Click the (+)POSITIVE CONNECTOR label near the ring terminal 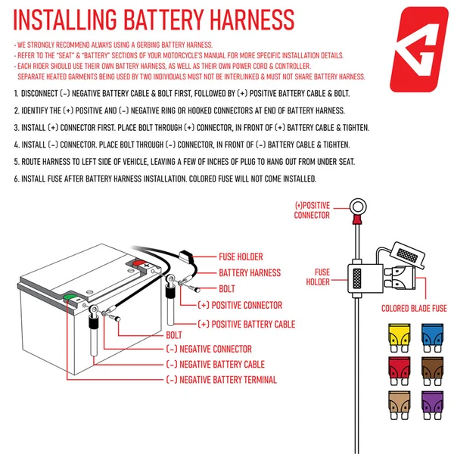point(312,210)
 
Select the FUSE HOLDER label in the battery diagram point(241,257)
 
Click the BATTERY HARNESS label point(250,272)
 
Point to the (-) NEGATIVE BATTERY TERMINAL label point(221,380)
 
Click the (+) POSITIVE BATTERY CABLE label point(246,324)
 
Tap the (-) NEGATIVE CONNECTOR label point(208,349)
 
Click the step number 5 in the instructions point(17,161)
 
